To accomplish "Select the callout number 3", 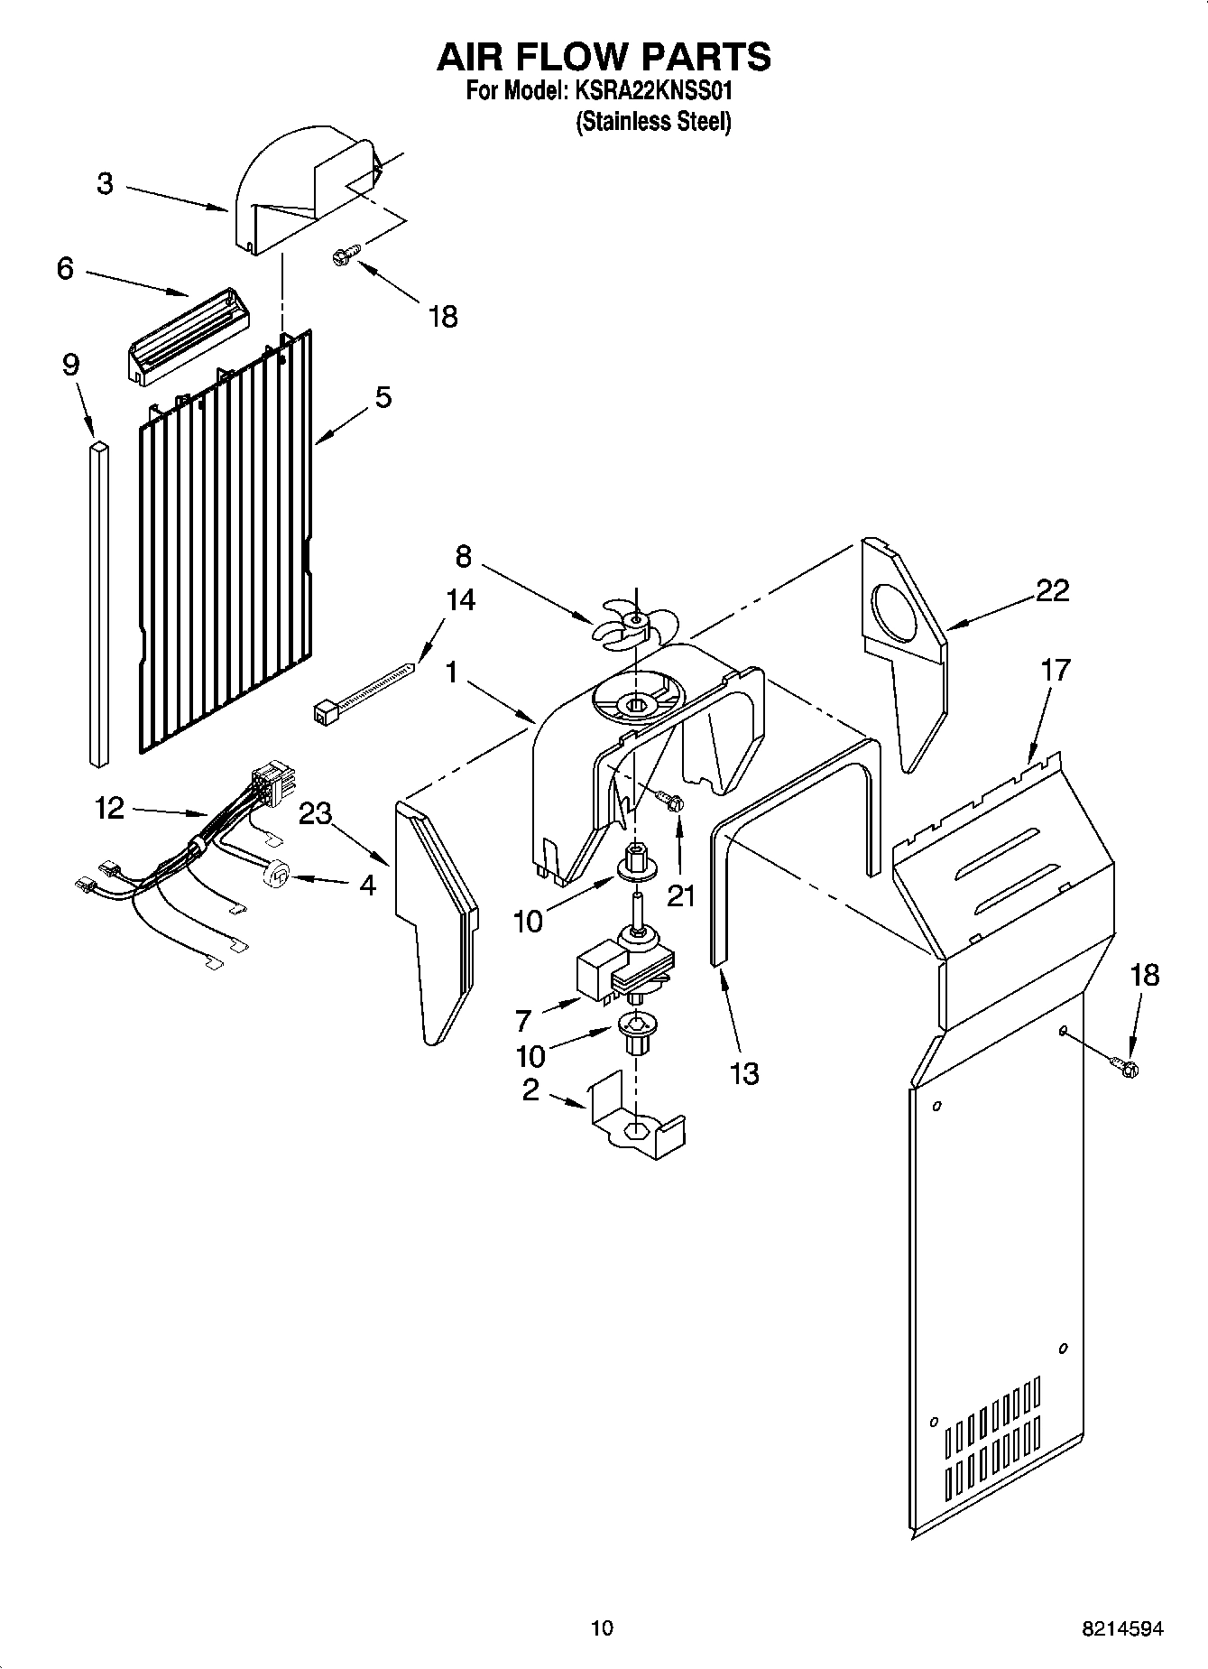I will [106, 184].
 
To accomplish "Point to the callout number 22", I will [1052, 590].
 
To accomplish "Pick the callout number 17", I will [1055, 670].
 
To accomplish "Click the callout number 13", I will [744, 1073].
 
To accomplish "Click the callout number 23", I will [316, 813].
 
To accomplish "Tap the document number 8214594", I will [1122, 1629].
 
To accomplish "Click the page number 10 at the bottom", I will [602, 1627].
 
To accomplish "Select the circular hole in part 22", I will [896, 616].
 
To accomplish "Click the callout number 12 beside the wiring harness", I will [109, 807].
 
